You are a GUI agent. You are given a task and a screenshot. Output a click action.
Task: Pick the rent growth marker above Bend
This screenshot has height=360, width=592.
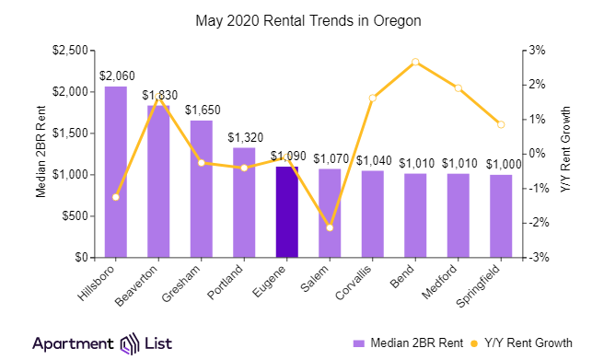[x=415, y=62]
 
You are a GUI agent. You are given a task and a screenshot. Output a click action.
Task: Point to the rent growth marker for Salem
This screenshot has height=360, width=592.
[x=330, y=227]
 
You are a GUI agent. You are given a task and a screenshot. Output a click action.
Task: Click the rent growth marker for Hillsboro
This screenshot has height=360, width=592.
[x=115, y=197]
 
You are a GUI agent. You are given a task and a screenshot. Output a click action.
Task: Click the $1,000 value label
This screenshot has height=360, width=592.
[x=501, y=164]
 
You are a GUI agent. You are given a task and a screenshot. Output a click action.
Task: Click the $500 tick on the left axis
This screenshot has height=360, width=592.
[x=75, y=215]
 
